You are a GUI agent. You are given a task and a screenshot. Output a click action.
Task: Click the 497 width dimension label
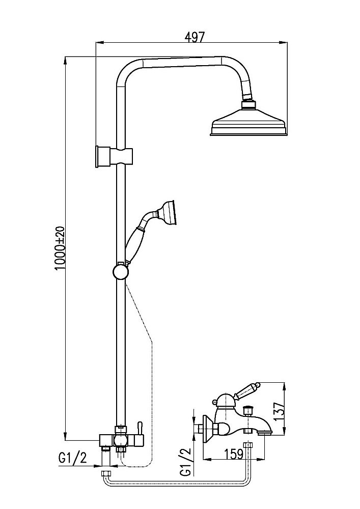coord(193,37)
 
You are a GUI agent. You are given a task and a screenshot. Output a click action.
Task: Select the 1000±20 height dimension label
coord(60,248)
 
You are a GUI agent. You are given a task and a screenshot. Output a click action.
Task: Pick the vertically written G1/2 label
coord(186,461)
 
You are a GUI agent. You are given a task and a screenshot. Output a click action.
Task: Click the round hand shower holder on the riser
coord(120,271)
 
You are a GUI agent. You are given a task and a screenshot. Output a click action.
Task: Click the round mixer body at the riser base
coord(121,439)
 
